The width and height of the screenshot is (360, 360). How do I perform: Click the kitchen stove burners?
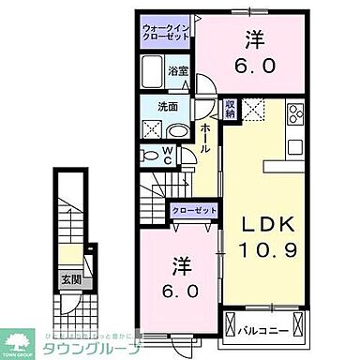tap(297, 116)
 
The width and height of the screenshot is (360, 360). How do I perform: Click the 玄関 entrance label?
tap(71, 277)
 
